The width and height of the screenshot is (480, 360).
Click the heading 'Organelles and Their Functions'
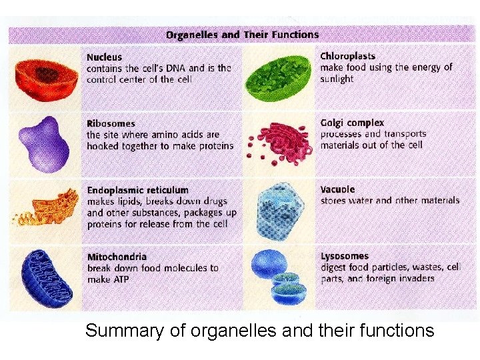[x=242, y=35]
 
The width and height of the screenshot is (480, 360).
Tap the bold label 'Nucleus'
[x=104, y=57]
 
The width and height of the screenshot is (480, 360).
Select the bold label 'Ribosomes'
[x=111, y=123]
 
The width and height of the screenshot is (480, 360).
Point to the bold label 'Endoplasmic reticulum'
[x=137, y=190]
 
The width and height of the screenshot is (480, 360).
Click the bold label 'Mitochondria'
[x=117, y=257]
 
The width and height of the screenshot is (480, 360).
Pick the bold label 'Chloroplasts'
[x=347, y=57]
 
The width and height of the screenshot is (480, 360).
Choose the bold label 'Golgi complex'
[x=352, y=123]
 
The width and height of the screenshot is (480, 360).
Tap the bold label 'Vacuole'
[x=337, y=189]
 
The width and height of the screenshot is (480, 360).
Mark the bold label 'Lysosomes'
[x=344, y=256]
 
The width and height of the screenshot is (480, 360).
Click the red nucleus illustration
[x=44, y=76]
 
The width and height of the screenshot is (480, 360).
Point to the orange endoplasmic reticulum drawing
[x=47, y=207]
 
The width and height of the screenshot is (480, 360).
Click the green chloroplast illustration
[x=278, y=74]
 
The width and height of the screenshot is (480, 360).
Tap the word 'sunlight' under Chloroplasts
[x=337, y=79]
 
